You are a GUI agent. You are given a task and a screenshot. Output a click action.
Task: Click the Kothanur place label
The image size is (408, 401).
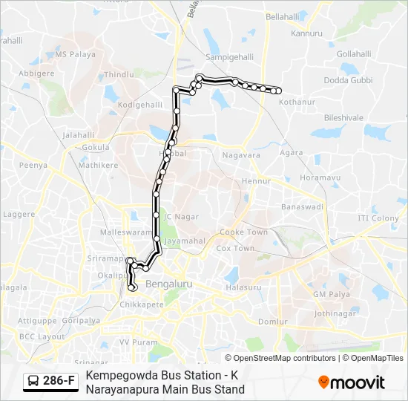[x=297, y=101]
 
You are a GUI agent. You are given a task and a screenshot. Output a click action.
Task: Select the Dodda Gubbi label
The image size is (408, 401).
[x=347, y=79]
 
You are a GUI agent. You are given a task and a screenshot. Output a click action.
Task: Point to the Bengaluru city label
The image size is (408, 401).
[x=169, y=284]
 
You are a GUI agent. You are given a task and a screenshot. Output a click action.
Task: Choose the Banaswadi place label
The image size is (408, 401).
[x=302, y=206]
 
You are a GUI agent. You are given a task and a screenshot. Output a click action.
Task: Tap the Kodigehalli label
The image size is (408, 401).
[x=139, y=105]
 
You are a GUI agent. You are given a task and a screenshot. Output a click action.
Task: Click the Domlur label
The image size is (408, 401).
[x=273, y=322]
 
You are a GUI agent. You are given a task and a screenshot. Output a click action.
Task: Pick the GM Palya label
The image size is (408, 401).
[x=330, y=294]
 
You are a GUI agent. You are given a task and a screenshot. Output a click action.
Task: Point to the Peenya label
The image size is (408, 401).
[x=33, y=165]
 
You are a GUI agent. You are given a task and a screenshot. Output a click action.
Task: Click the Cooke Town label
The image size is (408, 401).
[x=243, y=232]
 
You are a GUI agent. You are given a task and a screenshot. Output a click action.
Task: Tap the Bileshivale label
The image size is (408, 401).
[x=343, y=117]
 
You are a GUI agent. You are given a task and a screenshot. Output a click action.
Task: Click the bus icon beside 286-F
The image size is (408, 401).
[x=34, y=382]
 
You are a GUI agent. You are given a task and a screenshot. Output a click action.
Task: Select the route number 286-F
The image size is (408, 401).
[x=59, y=382]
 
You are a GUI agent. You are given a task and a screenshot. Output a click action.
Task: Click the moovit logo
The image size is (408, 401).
[x=352, y=382]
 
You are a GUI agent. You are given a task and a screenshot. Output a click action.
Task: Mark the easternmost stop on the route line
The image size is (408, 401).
[x=279, y=91]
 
